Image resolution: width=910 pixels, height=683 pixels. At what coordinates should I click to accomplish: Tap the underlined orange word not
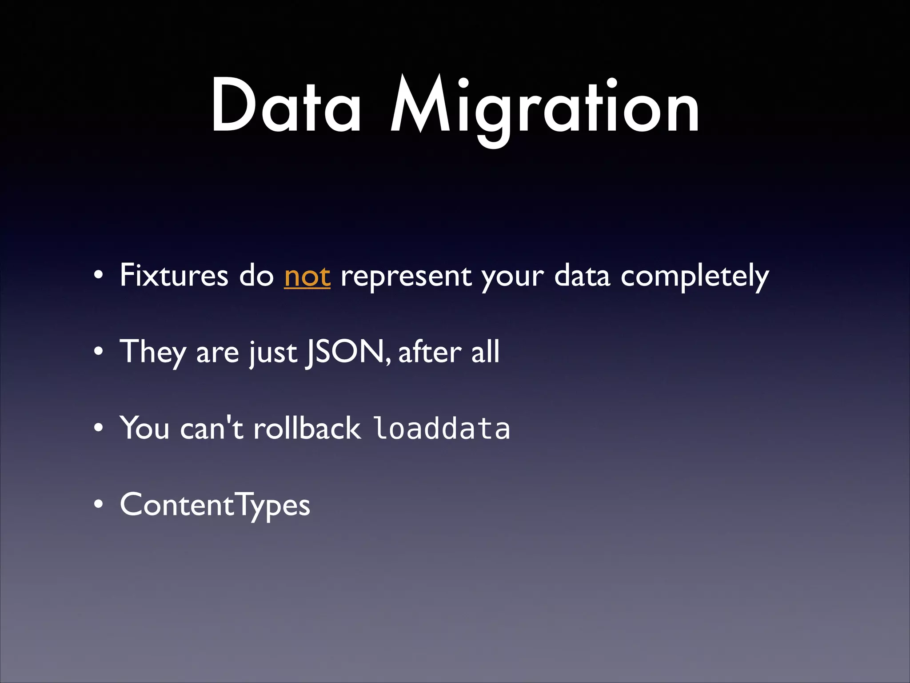click(x=307, y=276)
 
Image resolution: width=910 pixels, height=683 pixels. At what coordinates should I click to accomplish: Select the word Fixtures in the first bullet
click(x=174, y=275)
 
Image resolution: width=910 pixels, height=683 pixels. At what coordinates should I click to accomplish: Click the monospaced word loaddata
click(x=441, y=428)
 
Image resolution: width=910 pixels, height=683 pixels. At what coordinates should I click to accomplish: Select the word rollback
click(x=307, y=428)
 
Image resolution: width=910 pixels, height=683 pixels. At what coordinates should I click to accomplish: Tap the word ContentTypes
click(x=215, y=505)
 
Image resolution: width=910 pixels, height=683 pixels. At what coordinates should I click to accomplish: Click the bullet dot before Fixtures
click(x=99, y=276)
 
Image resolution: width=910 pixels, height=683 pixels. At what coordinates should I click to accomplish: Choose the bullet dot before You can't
click(x=99, y=429)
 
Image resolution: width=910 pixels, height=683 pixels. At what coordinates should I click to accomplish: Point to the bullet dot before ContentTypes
click(x=99, y=505)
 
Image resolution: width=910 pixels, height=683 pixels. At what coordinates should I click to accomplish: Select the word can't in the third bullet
click(x=212, y=428)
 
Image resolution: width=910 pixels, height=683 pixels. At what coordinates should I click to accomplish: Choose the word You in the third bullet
click(x=144, y=428)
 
